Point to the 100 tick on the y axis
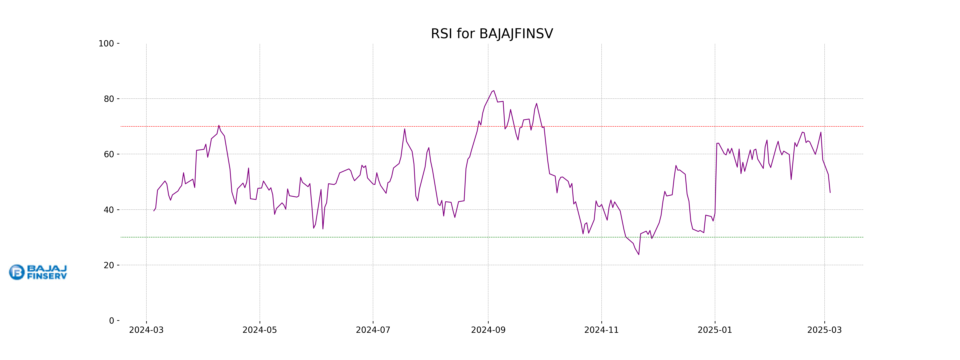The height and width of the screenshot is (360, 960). tap(106, 44)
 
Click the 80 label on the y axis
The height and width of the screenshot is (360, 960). tap(109, 99)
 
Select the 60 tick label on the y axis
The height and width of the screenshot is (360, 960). tap(109, 154)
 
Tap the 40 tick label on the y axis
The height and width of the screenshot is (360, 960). tap(109, 210)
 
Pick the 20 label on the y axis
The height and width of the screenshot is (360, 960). tap(109, 265)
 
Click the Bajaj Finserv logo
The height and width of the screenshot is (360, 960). tap(38, 272)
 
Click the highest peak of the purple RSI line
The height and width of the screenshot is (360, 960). tap(494, 91)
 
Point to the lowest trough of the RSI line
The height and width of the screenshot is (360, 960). tap(639, 255)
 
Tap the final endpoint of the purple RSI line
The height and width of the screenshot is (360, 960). tap(830, 192)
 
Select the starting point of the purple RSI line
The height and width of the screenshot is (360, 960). tap(154, 211)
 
